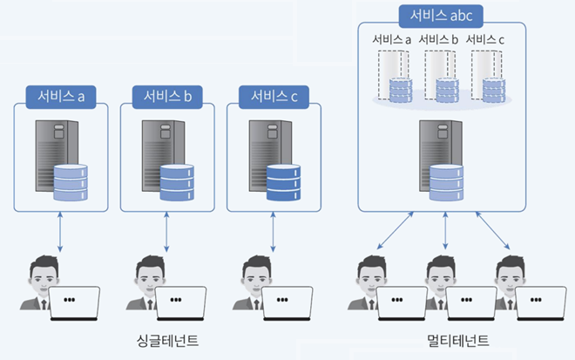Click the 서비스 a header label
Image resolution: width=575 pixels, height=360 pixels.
60,95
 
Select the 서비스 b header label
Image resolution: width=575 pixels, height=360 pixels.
166,95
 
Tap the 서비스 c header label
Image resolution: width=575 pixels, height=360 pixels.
274,95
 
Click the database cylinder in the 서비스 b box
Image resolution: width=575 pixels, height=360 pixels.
177,184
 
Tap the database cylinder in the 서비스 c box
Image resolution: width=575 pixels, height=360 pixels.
284,184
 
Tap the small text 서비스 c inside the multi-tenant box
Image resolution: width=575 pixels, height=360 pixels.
486,39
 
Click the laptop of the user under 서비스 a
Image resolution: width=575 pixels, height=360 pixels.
74,303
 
